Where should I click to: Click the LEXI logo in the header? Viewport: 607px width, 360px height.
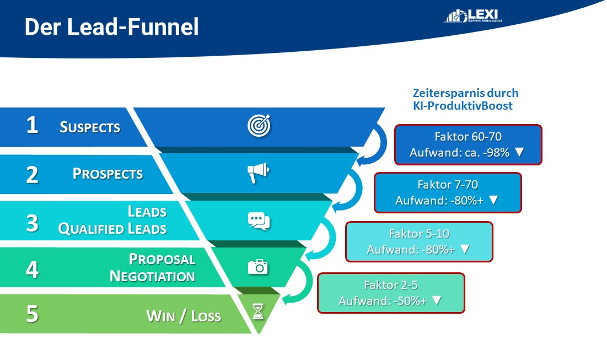(x=473, y=16)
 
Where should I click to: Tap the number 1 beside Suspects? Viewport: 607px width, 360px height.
(x=33, y=126)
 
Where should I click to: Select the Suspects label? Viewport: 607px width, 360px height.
(x=90, y=127)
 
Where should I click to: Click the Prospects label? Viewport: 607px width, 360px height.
(x=108, y=174)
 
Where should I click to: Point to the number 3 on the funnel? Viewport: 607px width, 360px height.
(x=33, y=223)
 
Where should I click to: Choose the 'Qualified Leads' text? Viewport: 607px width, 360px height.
(x=112, y=229)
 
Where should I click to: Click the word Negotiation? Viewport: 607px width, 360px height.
(x=152, y=276)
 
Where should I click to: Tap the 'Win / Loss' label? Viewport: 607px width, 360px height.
(x=183, y=316)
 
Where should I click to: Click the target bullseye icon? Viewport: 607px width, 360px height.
(x=259, y=126)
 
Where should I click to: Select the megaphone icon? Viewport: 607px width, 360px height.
(x=257, y=173)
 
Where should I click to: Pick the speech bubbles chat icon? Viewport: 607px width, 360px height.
(x=259, y=221)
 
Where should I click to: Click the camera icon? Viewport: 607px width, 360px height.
(x=257, y=267)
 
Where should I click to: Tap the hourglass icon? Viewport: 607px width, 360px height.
(x=257, y=313)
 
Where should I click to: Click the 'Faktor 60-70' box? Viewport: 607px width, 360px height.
(x=468, y=144)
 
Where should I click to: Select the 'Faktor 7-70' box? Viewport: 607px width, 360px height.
(x=447, y=192)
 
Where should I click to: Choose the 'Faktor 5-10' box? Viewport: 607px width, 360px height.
(x=418, y=241)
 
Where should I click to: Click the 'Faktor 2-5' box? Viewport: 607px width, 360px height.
(x=390, y=293)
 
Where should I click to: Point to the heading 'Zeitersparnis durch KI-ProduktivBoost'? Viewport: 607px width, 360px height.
(x=465, y=99)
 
